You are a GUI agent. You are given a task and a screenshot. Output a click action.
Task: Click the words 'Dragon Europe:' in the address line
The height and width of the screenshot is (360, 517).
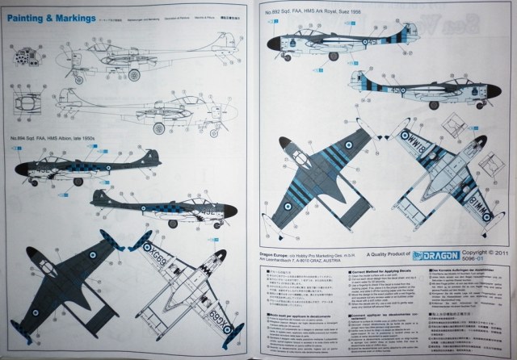(277, 250)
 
